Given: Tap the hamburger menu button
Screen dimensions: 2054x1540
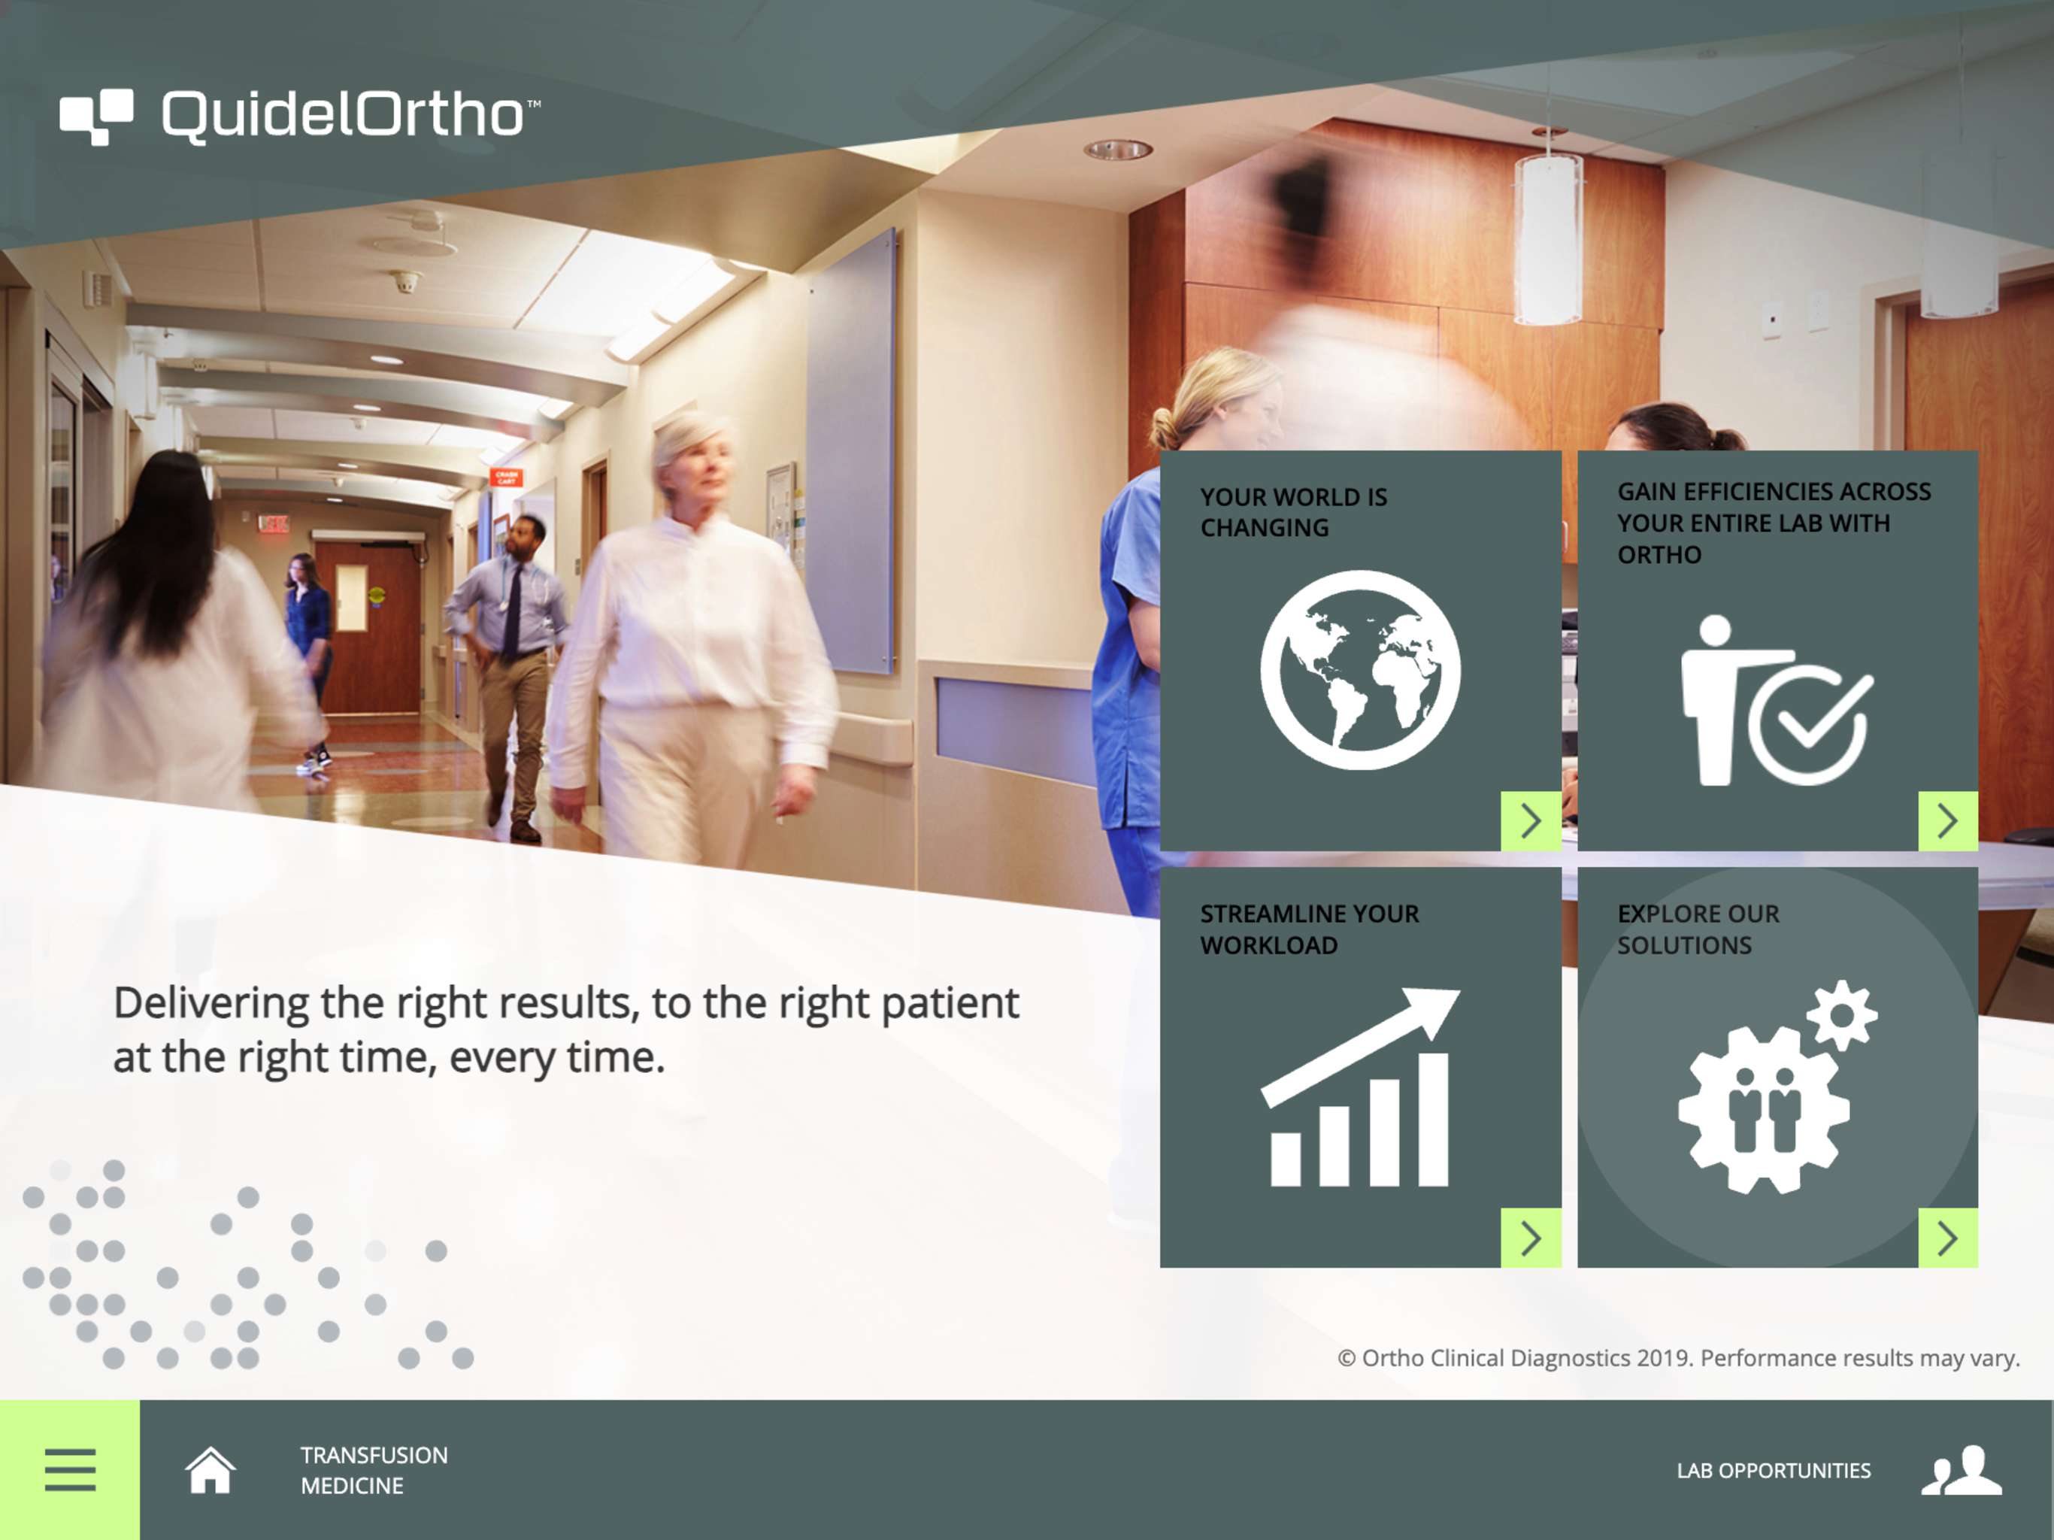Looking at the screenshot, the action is click(x=70, y=1469).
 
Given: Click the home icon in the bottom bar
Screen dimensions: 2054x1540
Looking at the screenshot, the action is click(x=210, y=1469).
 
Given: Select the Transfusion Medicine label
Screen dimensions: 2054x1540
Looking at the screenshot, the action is click(x=374, y=1469).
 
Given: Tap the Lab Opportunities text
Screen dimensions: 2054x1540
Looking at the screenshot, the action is click(x=1774, y=1470).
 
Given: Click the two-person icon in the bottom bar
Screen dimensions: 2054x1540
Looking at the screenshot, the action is click(x=1960, y=1469).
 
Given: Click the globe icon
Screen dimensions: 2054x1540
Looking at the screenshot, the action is click(x=1360, y=670).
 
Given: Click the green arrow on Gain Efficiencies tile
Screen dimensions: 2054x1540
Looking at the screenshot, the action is click(x=1948, y=821).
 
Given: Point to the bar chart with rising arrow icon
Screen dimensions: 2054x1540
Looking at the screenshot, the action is click(x=1359, y=1087).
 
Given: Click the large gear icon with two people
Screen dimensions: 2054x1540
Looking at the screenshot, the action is click(x=1763, y=1109).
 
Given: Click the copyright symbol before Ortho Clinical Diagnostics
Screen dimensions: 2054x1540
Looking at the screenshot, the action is click(x=1347, y=1359).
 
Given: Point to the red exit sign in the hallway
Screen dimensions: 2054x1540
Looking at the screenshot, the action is click(x=273, y=524).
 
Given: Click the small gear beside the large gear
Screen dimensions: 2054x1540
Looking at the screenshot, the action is click(x=1842, y=1015).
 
